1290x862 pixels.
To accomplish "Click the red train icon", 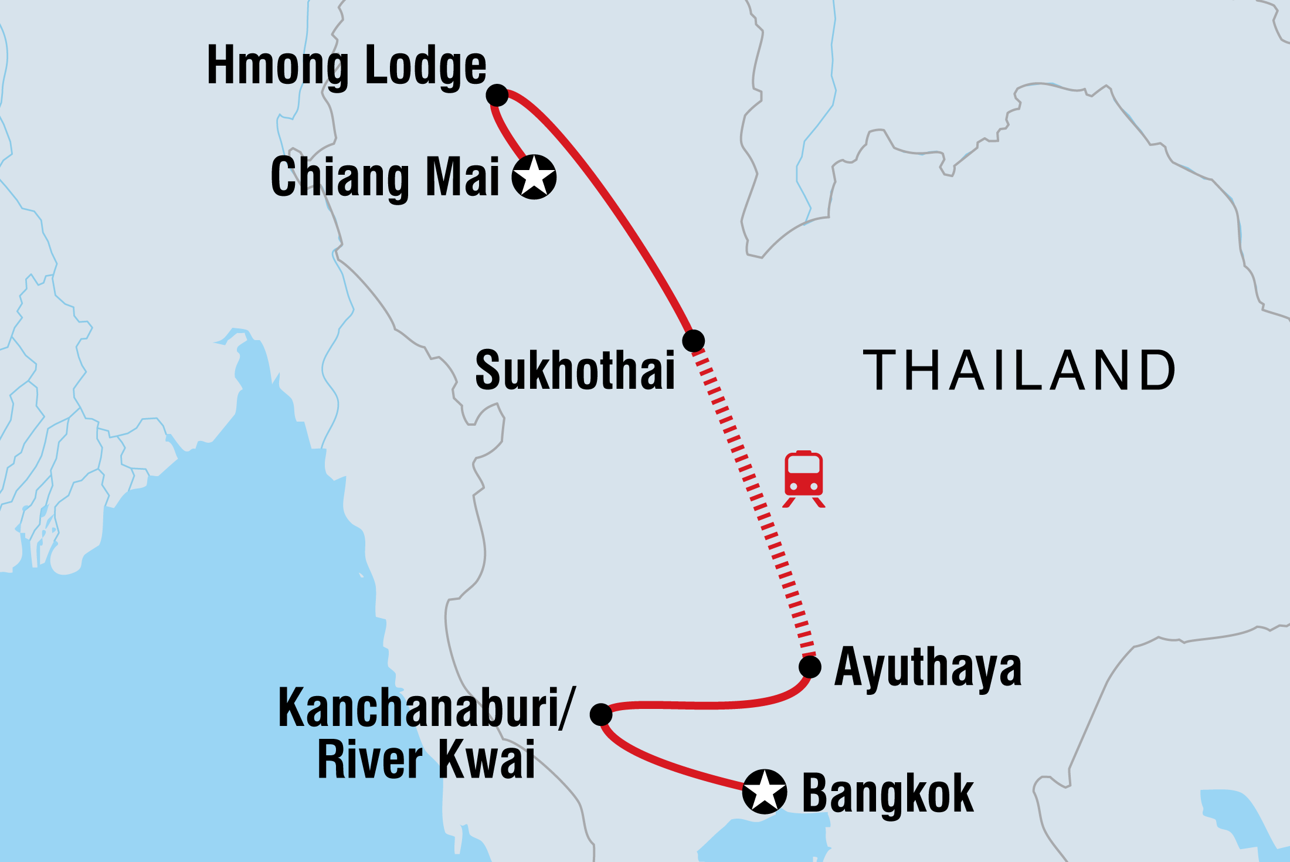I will coord(804,478).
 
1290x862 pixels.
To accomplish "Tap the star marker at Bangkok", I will coord(765,791).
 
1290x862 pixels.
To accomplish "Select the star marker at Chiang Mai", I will coord(534,177).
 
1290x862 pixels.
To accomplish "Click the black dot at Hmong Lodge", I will coord(497,94).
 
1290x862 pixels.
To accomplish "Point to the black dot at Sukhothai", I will coord(694,340).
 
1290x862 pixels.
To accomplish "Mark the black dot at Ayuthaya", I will coord(810,667).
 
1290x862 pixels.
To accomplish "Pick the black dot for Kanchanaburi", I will coord(601,714).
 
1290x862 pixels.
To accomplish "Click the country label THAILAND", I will coord(1019,371).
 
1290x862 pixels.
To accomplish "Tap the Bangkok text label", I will coord(887,793).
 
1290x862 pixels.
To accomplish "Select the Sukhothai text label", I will coord(575,371).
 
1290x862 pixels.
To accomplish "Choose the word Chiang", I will coord(340,178).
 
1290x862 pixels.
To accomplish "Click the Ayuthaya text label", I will coord(928,668).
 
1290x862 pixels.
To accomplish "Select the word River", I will coord(370,760).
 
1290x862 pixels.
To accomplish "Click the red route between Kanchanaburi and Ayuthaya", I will coord(704,705).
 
